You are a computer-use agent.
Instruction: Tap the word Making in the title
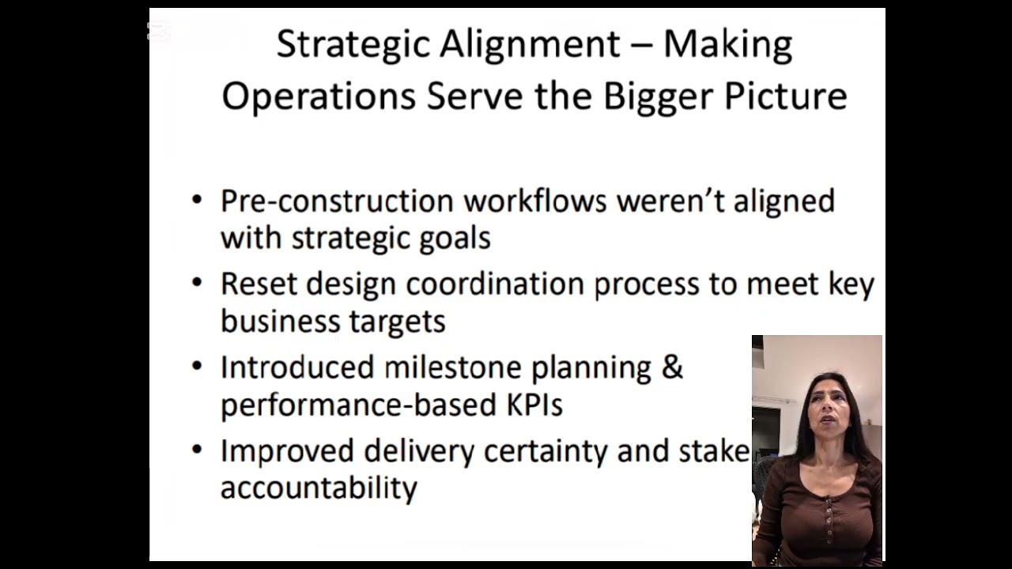click(727, 45)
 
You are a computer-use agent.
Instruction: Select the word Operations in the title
click(319, 96)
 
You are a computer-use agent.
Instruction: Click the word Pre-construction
click(337, 201)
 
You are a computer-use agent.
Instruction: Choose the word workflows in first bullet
click(534, 201)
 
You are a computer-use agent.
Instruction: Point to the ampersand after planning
click(671, 367)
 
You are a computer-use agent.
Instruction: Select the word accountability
click(318, 488)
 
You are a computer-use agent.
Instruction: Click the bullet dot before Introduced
click(197, 367)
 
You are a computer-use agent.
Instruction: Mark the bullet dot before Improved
click(197, 450)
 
